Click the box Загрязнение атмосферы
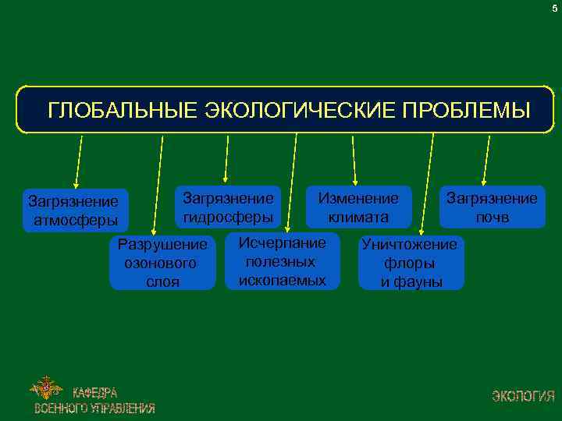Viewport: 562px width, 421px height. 75,210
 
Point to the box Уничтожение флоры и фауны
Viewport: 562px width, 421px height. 411,263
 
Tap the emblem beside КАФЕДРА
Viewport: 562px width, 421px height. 47,387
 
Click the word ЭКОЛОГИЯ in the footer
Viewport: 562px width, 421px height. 523,395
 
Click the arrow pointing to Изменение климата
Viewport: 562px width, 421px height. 354,160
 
